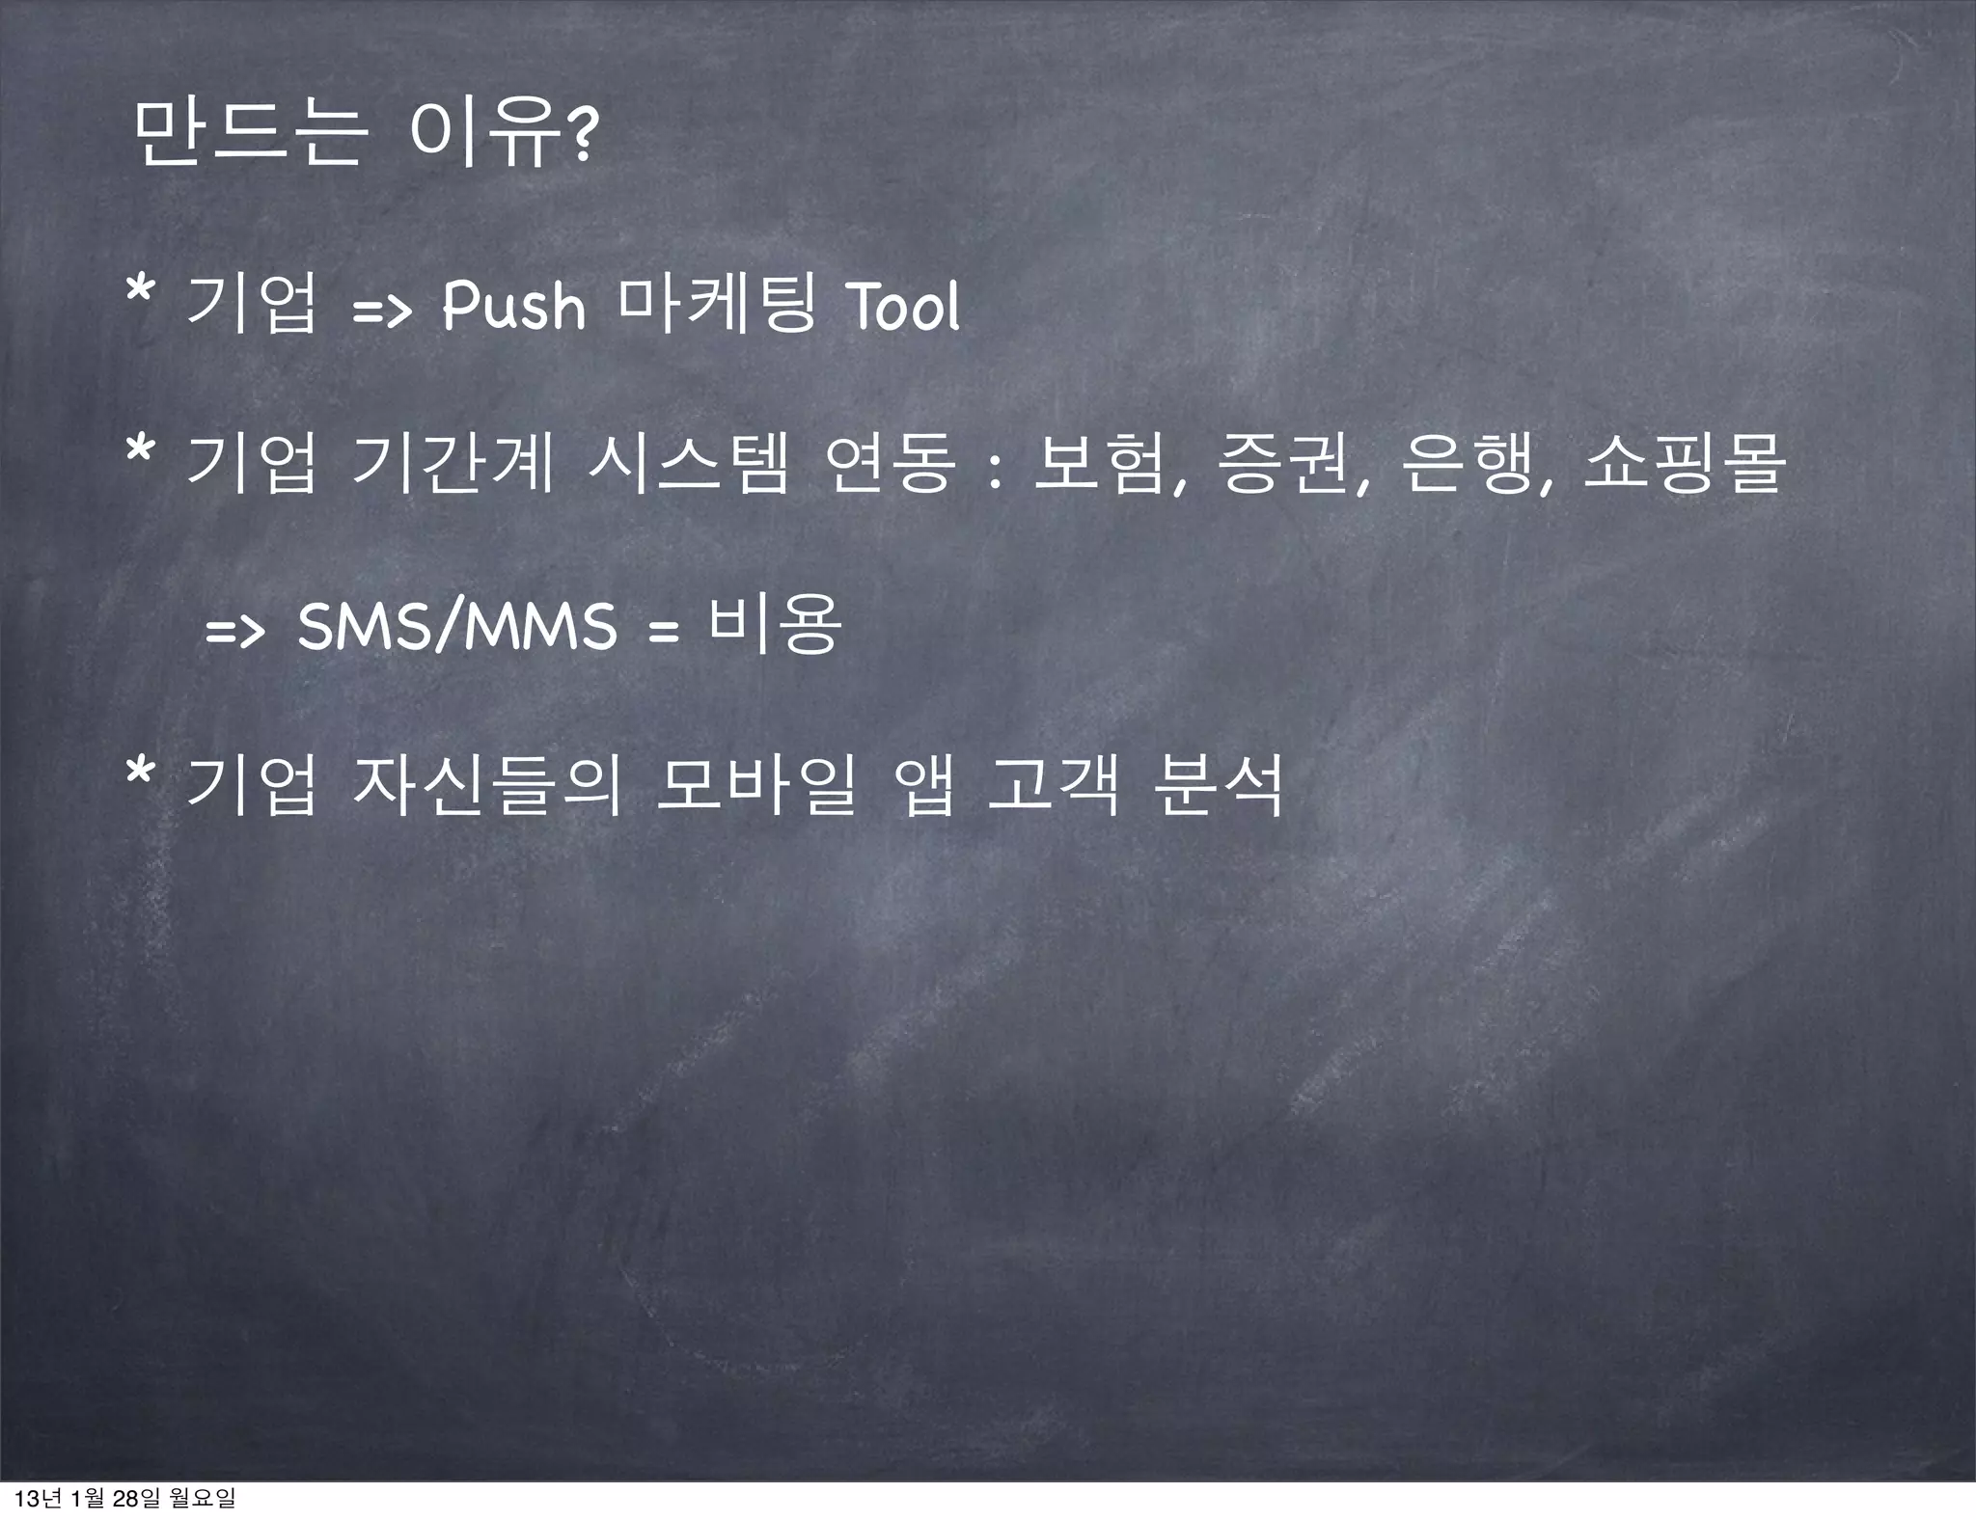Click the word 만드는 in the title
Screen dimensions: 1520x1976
click(250, 134)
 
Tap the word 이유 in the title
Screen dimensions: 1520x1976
click(486, 134)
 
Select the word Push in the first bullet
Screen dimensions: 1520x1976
click(513, 307)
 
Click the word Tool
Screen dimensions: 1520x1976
click(902, 307)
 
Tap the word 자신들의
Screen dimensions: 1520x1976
click(487, 785)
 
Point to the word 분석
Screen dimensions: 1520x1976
click(1221, 785)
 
